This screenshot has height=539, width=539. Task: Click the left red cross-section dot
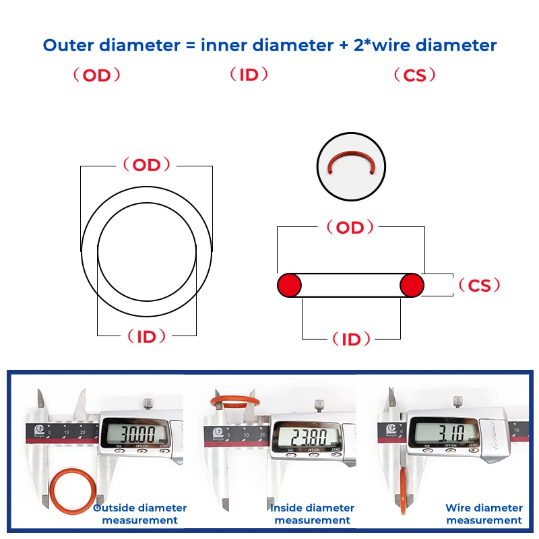point(289,285)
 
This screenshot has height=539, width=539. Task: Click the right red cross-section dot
point(412,285)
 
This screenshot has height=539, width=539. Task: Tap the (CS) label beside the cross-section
point(479,286)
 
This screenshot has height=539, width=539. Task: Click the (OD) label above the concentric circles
point(146,165)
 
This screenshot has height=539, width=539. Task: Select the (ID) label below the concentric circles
point(146,336)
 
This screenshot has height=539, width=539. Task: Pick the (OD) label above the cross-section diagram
point(350,228)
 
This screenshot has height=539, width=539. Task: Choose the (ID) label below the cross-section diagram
point(351,340)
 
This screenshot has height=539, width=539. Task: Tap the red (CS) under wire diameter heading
point(414,75)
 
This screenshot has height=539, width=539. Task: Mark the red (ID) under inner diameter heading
point(249,75)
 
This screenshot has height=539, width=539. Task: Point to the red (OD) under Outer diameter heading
point(96,75)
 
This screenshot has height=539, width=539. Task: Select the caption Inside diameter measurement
point(312,514)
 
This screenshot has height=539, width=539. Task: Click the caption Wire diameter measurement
point(484,514)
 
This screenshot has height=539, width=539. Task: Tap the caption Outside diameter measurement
point(140,514)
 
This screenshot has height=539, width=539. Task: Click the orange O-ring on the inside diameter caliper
point(232,402)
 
